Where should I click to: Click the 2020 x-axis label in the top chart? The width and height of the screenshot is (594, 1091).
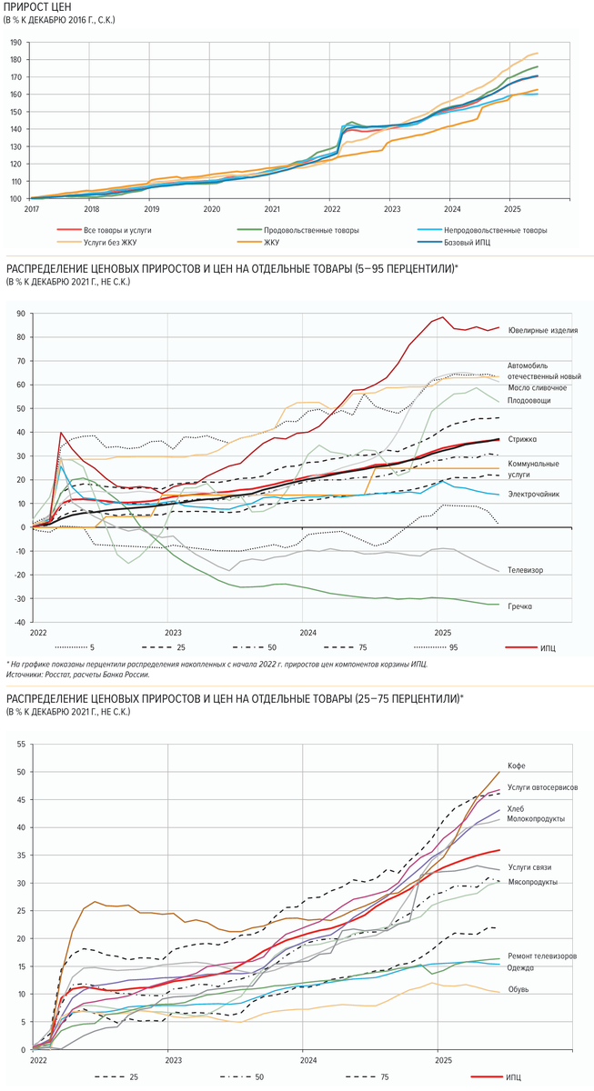(211, 208)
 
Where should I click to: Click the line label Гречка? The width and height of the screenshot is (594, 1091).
(521, 606)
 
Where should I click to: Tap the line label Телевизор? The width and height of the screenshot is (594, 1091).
(526, 570)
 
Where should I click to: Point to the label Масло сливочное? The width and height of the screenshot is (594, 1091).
(537, 388)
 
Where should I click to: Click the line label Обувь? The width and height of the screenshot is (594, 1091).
(519, 989)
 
